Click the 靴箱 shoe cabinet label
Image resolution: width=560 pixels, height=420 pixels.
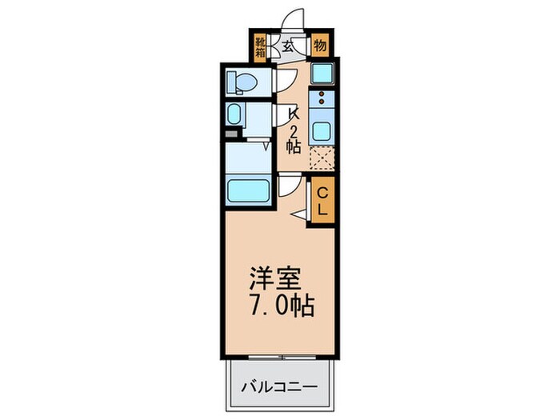point(261,47)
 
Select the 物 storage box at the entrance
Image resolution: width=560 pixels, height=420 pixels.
point(319,45)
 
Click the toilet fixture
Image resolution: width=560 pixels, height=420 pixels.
point(241,82)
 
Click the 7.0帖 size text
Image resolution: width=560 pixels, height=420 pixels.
point(279,306)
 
